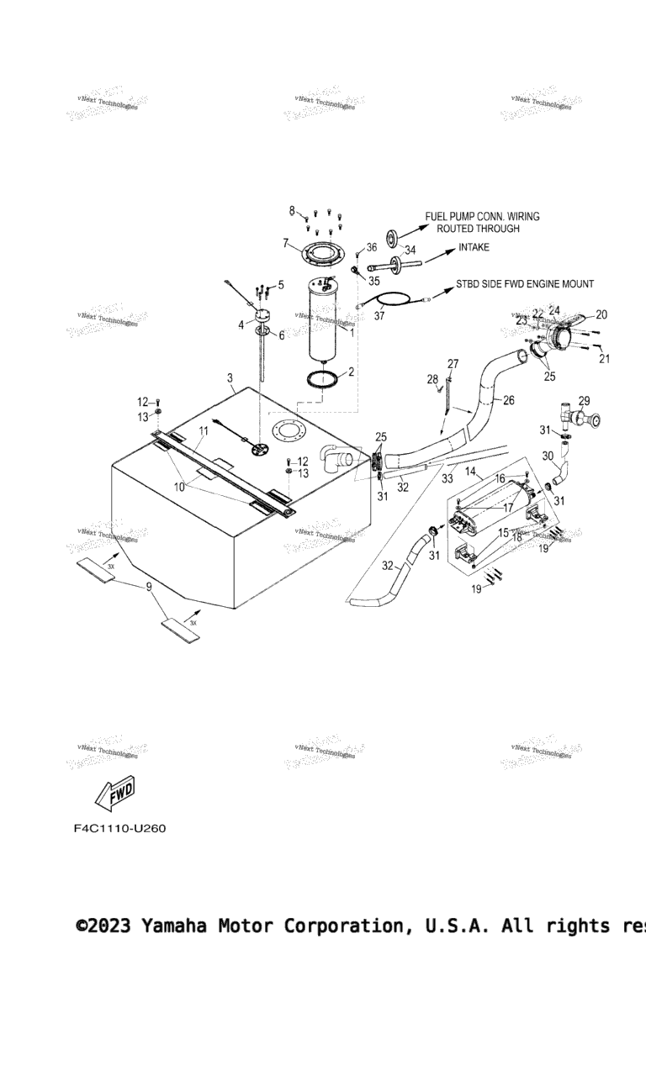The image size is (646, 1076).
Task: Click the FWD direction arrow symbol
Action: pyautogui.click(x=114, y=793)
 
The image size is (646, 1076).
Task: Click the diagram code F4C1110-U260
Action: pyautogui.click(x=119, y=829)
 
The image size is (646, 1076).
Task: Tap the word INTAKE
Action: pyautogui.click(x=474, y=248)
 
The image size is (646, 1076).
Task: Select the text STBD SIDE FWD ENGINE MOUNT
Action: pyautogui.click(x=525, y=284)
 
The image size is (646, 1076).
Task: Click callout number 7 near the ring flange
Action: pyautogui.click(x=286, y=244)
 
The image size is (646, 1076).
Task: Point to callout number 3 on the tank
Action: pyautogui.click(x=230, y=379)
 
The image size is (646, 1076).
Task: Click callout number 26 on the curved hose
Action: pyautogui.click(x=508, y=400)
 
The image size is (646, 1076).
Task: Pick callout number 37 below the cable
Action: pyautogui.click(x=379, y=316)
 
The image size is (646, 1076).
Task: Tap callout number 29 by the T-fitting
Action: pyautogui.click(x=584, y=401)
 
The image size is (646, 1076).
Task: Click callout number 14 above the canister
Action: pyautogui.click(x=470, y=472)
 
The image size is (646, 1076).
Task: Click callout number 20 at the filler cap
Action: pyautogui.click(x=601, y=314)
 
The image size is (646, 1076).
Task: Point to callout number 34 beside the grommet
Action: pyautogui.click(x=410, y=250)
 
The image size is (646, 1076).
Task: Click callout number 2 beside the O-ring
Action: pyautogui.click(x=351, y=372)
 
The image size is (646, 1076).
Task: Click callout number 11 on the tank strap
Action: pyautogui.click(x=203, y=430)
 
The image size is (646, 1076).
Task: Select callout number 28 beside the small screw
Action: pyautogui.click(x=433, y=380)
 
